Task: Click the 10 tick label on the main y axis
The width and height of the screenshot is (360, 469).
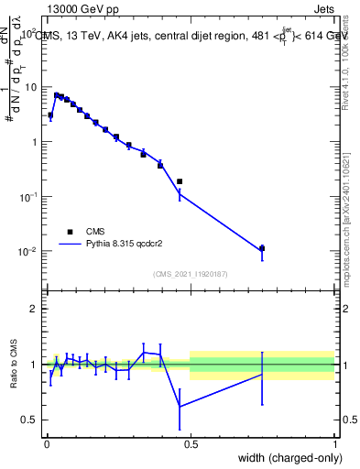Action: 30,87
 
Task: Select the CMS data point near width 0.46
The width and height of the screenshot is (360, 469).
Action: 180,181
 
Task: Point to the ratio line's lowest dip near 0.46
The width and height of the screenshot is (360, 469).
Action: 180,406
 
